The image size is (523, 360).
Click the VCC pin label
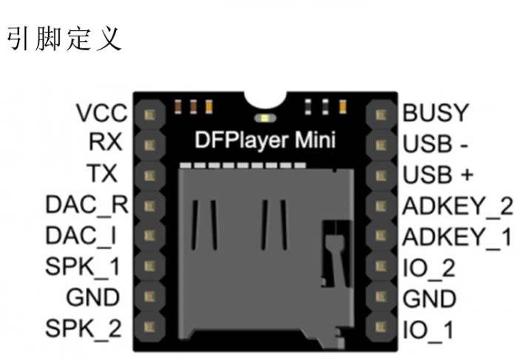[102, 112]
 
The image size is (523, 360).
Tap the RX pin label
[105, 142]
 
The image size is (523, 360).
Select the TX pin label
[102, 173]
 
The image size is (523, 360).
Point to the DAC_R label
[87, 205]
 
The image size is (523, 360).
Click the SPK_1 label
[82, 267]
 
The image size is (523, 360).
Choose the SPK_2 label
[84, 328]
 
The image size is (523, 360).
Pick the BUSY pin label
[436, 112]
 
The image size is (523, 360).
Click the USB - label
[435, 144]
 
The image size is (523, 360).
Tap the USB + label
[438, 174]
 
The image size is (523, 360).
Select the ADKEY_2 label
[457, 206]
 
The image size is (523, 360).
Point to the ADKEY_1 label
[456, 237]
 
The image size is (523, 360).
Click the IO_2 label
[429, 268]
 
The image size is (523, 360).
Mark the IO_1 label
[428, 330]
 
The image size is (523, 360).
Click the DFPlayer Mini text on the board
[265, 140]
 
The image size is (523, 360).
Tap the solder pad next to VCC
[149, 115]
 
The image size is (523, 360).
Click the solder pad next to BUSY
[381, 115]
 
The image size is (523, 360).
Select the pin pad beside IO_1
[381, 327]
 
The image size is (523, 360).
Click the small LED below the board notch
[265, 118]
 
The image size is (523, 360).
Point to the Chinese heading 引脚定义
[64, 39]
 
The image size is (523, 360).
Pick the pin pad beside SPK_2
[149, 327]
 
